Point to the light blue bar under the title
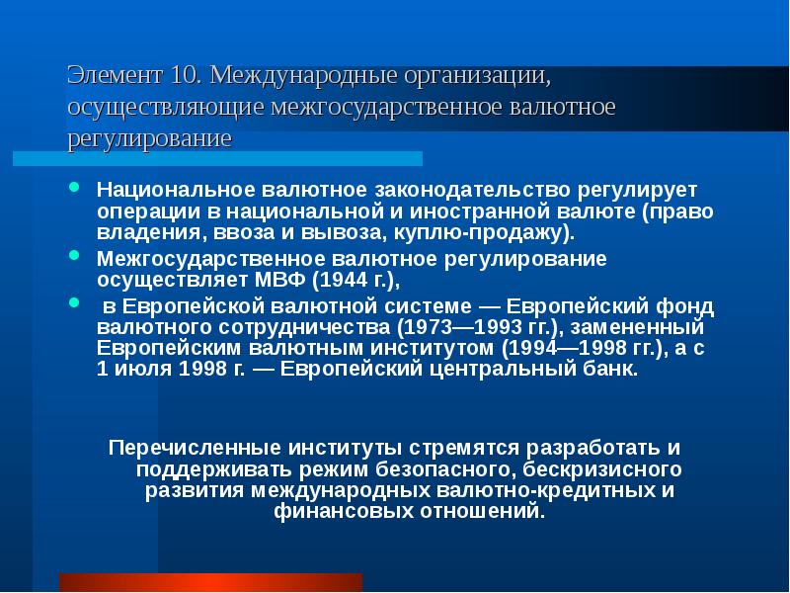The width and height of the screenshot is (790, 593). pyautogui.click(x=217, y=158)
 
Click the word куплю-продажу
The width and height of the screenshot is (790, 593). pyautogui.click(x=507, y=235)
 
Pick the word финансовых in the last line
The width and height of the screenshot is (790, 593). pyautogui.click(x=331, y=513)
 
